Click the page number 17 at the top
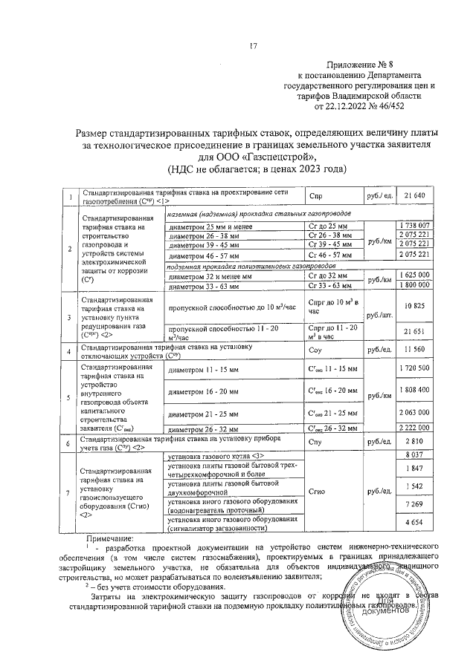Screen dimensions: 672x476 [253, 49]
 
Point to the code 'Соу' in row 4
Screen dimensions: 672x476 [315, 349]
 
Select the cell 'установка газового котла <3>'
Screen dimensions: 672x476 [216, 454]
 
